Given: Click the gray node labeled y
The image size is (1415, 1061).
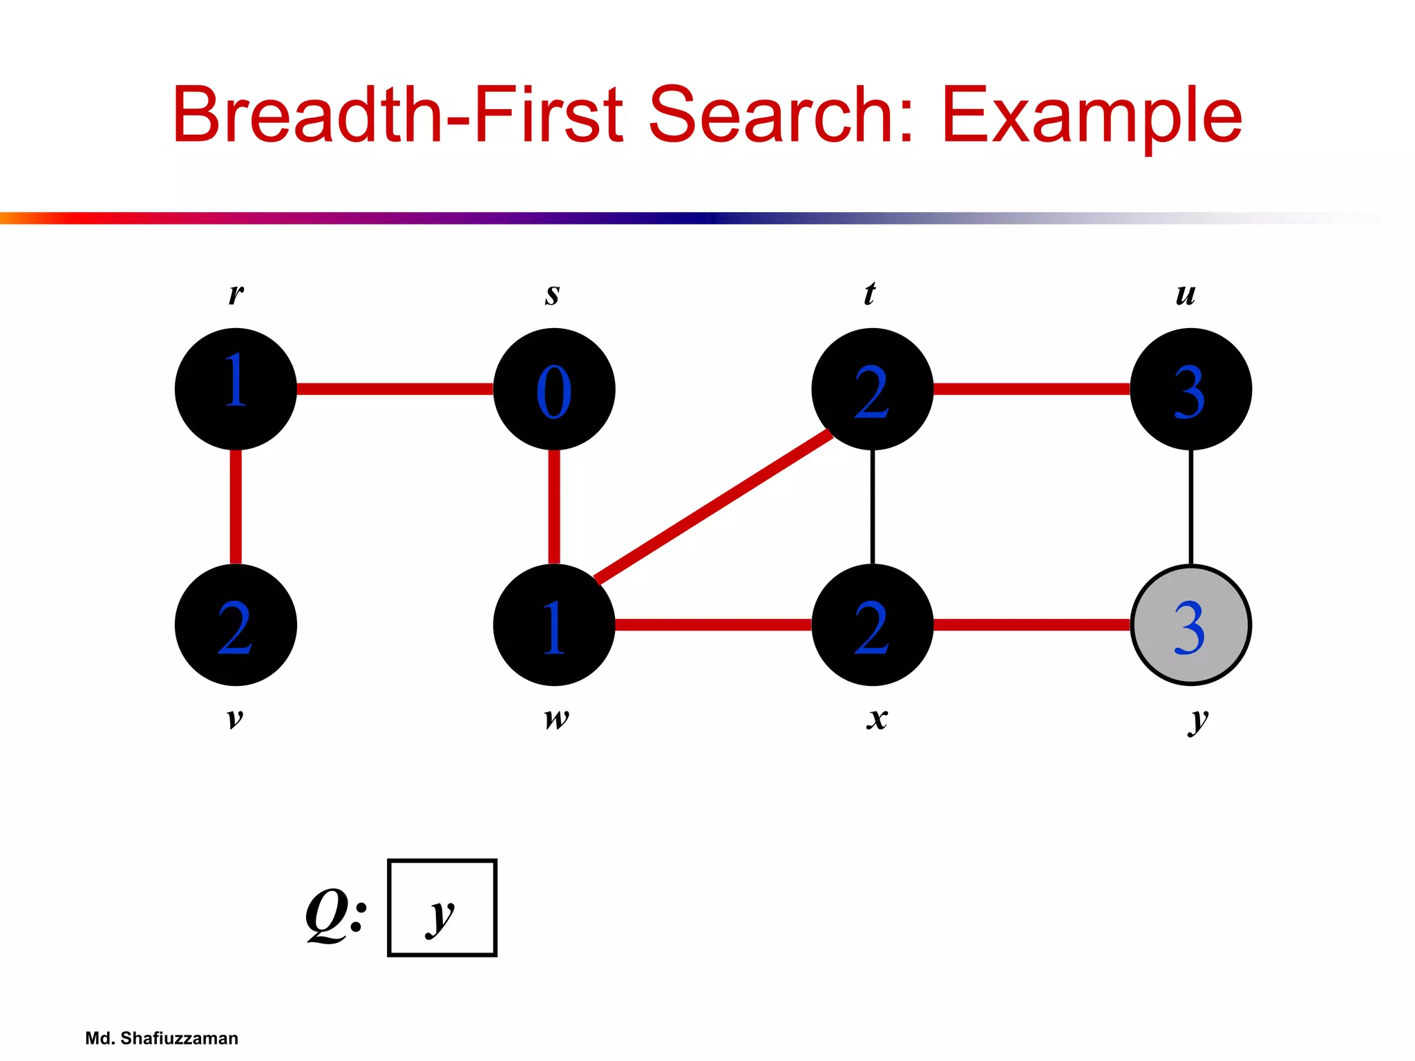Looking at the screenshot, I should pos(1190,625).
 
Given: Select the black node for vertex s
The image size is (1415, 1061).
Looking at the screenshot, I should pos(554,389).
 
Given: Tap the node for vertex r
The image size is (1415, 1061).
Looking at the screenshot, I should pos(236,389).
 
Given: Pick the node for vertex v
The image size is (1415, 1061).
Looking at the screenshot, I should pos(236,625).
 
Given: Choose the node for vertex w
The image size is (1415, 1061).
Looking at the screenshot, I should pos(554,625).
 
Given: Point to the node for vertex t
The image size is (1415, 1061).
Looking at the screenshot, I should pos(872,389).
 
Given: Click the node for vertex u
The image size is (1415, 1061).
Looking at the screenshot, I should pos(1190,389).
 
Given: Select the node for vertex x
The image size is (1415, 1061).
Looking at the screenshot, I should pos(872,625).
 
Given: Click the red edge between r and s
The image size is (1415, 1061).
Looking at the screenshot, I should pos(395,389).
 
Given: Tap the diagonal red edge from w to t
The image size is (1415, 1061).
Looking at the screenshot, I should pos(713,506).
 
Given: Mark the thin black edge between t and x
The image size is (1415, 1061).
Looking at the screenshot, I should pos(873,506).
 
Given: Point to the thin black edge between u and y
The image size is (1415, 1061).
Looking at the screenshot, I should pos(1190,506).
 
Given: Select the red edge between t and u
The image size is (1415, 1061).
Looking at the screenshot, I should pos(1031,389).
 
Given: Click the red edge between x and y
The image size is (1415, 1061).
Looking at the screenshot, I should pos(1031,625).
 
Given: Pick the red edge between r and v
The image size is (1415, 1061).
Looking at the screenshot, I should pos(236,506).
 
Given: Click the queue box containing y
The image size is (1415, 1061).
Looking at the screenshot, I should pos(442,908).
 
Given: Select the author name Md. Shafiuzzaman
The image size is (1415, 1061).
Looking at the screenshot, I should pos(162,1038).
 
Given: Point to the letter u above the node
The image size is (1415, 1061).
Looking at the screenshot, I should pos(1186,295).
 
